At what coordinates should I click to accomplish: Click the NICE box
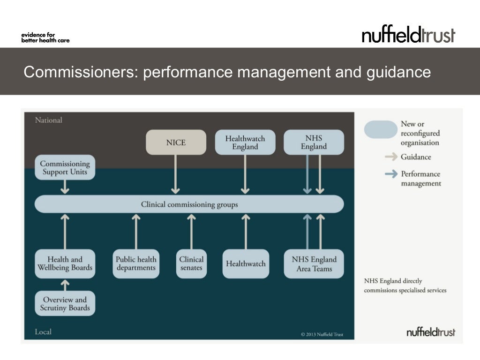pos(176,142)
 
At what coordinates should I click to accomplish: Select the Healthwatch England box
pos(245,142)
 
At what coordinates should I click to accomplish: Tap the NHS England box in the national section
pos(314,142)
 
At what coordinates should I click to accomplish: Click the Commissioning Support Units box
pos(65,168)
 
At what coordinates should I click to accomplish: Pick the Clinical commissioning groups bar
pos(189,204)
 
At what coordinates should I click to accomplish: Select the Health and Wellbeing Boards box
pos(65,263)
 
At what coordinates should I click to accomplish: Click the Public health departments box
pos(136,263)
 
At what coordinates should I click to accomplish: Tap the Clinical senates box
pos(191,263)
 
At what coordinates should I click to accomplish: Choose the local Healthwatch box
pos(246,264)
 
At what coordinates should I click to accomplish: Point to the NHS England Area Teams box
pos(314,264)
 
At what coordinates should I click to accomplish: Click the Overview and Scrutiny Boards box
pos(65,304)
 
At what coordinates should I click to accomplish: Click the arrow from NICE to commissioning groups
pos(175,174)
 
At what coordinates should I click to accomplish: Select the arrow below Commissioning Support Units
pos(65,187)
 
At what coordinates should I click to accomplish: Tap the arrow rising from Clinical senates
pos(191,231)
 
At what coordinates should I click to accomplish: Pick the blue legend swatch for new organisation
pos(380,129)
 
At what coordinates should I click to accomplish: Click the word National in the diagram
pos(49,120)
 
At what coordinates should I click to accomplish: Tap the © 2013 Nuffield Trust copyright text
pos(322,334)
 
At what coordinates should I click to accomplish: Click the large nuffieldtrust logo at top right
pos(408,35)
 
